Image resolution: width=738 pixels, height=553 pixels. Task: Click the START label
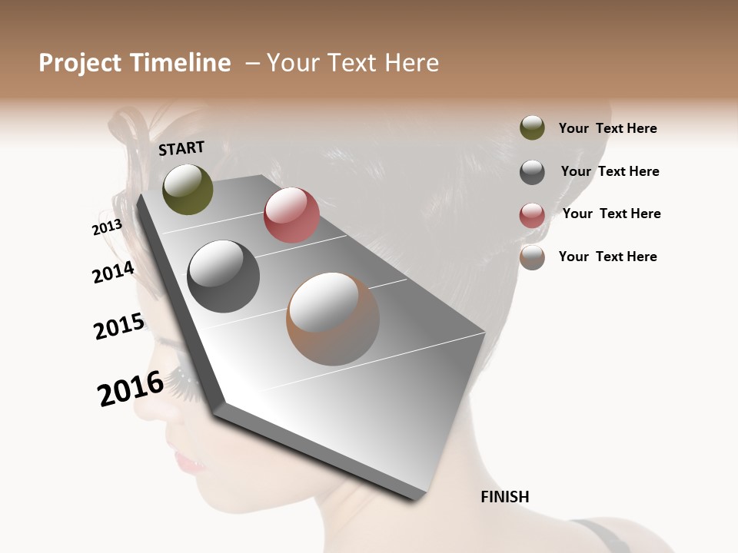point(181,148)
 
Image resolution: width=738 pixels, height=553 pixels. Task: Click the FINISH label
point(504,497)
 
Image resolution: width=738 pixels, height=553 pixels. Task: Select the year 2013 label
point(107,227)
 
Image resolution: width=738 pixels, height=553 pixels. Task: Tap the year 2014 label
point(113,272)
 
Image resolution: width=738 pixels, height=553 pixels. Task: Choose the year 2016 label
point(130,389)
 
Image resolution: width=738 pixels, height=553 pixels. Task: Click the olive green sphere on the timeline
point(188,189)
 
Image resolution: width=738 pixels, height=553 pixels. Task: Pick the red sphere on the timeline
point(291,214)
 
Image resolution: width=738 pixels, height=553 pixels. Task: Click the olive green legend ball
point(532,128)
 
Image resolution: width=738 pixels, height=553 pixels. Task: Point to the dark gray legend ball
point(532,172)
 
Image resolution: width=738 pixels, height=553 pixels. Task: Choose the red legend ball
point(532,215)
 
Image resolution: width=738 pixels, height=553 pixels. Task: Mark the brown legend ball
point(532,257)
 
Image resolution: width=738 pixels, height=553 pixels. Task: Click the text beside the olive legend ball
point(607,128)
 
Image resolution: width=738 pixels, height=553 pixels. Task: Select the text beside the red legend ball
point(611,214)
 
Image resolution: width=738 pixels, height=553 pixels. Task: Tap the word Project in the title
point(80,63)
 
